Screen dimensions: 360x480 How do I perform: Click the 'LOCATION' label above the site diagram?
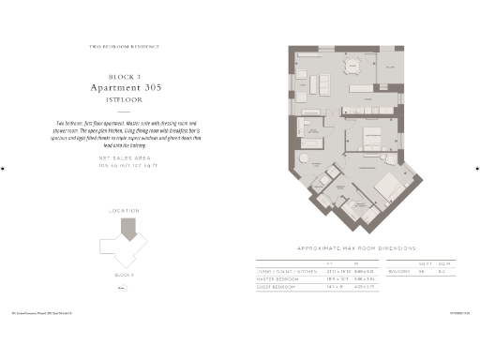[x=125, y=212]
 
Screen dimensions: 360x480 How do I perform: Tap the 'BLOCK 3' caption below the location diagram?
[x=126, y=275]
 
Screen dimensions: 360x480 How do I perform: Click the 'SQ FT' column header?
[x=425, y=263]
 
